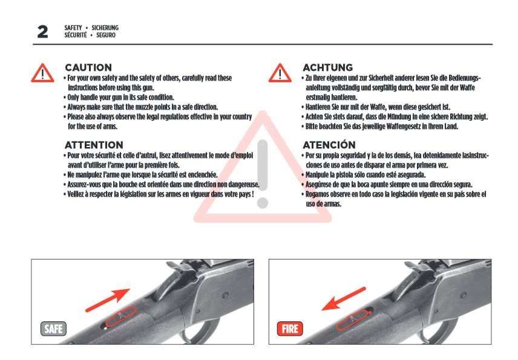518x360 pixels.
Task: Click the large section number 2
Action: (x=42, y=31)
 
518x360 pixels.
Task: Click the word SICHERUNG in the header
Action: (x=105, y=28)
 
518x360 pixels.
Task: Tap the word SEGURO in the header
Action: (x=106, y=35)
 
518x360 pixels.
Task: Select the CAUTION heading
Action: (x=88, y=67)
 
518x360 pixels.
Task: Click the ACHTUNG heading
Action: (x=328, y=67)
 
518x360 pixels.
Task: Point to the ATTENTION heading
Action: (x=94, y=145)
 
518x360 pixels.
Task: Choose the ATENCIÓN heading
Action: (x=329, y=145)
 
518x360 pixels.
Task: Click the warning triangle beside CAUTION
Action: (x=42, y=73)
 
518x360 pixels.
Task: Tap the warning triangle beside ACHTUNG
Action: (x=280, y=73)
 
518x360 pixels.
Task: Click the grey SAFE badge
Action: (x=53, y=329)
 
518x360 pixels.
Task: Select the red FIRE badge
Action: (x=290, y=329)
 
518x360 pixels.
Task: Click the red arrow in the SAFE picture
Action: (x=108, y=300)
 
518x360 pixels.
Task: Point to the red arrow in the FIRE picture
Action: (x=344, y=299)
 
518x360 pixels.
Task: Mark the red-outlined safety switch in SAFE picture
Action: (x=120, y=316)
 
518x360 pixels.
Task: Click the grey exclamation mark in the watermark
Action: (x=263, y=174)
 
